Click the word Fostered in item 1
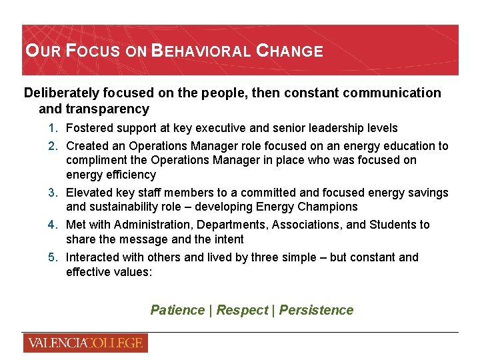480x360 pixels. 89,128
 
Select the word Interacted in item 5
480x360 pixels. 94,257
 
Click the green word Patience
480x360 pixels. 177,310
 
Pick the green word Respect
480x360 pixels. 241,310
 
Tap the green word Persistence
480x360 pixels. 316,310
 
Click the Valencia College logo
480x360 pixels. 85,343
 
